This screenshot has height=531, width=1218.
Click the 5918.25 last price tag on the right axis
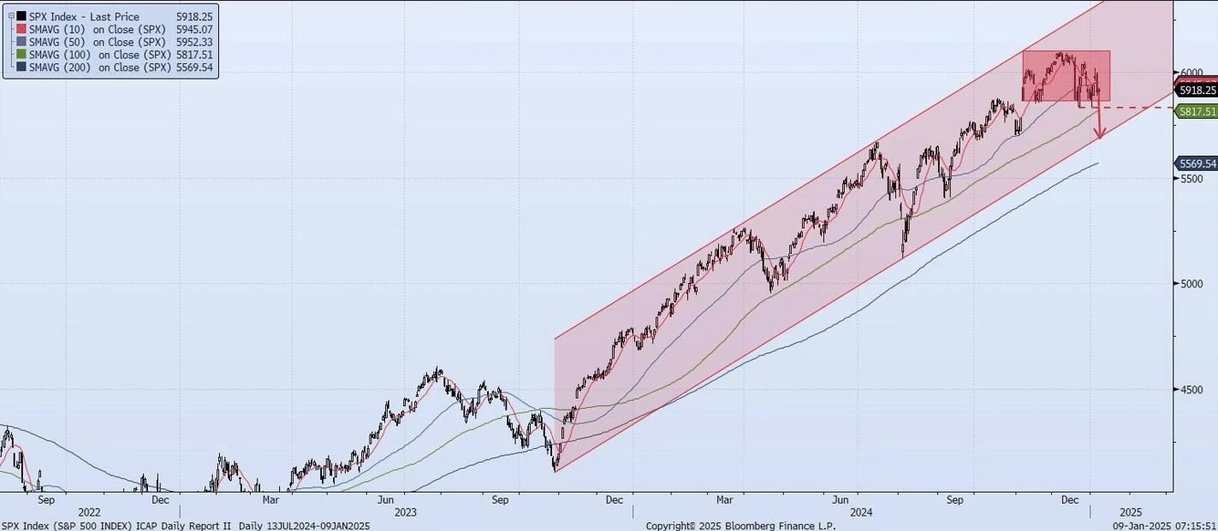(1197, 90)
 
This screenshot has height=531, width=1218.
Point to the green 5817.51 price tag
(1197, 111)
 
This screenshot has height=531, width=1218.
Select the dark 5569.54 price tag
(1197, 163)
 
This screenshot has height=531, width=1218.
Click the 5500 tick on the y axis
(1192, 178)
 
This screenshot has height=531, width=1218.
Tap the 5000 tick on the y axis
(1192, 284)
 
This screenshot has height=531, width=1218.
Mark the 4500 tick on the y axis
(1192, 389)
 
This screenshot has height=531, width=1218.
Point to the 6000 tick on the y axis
(1192, 73)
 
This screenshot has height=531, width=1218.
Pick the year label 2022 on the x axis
(89, 512)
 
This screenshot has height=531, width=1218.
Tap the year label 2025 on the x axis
(1130, 512)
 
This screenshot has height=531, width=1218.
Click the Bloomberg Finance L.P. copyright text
(740, 526)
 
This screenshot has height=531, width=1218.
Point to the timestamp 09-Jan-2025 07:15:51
(1163, 526)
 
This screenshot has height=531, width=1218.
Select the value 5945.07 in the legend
(195, 29)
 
